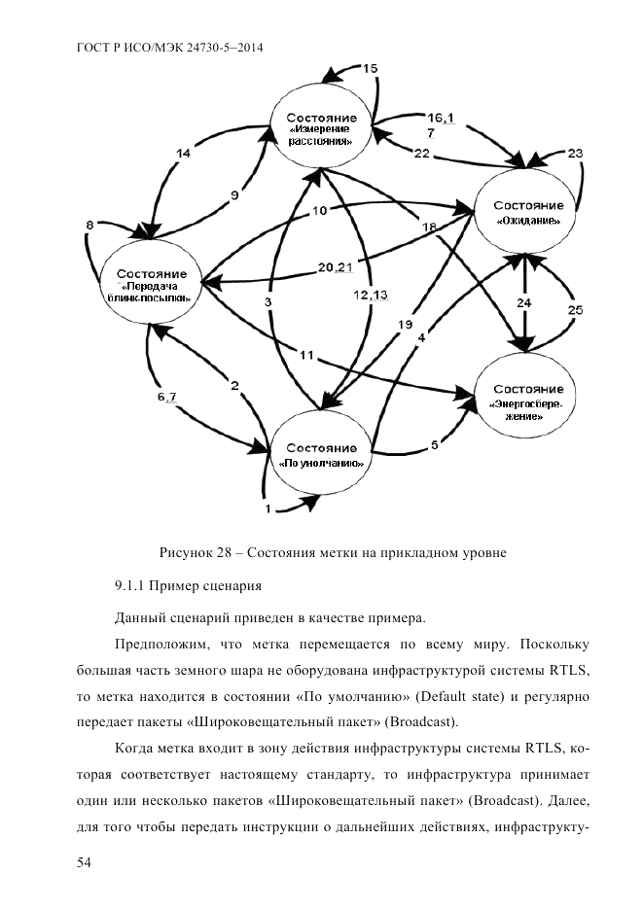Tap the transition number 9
(233, 195)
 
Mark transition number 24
(525, 302)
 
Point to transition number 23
(575, 154)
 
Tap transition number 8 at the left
(90, 226)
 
